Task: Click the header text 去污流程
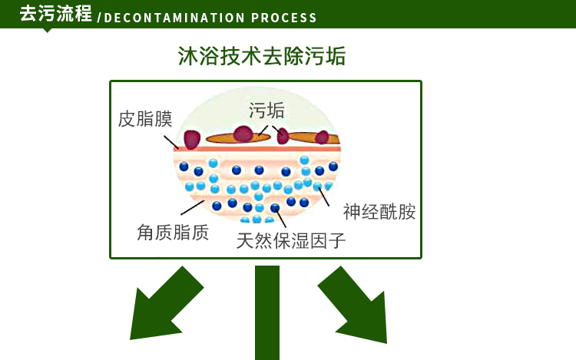tap(55, 14)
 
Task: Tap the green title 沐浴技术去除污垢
tap(261, 56)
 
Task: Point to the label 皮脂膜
tap(145, 119)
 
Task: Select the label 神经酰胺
tap(379, 212)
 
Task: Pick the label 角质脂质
tap(173, 233)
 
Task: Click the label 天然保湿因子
tap(291, 241)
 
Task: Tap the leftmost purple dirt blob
tap(190, 139)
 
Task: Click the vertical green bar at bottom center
tap(267, 312)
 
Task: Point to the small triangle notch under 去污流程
tap(48, 30)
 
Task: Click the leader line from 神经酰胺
tap(324, 197)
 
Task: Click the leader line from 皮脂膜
tap(171, 141)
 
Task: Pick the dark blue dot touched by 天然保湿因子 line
tap(275, 208)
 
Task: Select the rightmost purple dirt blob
tap(323, 138)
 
